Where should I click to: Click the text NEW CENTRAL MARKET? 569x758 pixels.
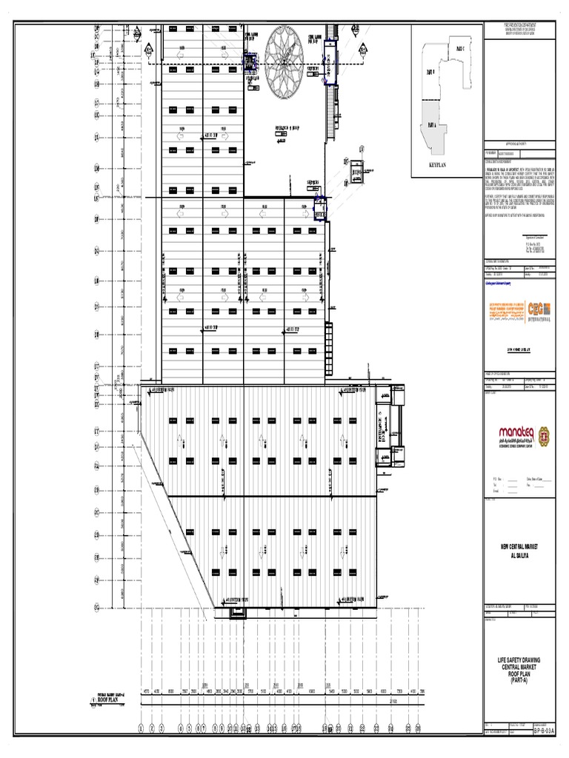[x=518, y=545]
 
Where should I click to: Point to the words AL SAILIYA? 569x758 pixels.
[x=518, y=552]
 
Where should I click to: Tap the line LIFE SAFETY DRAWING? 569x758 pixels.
[x=518, y=660]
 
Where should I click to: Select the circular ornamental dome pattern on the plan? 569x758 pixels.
[x=285, y=62]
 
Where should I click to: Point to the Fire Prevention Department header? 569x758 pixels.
[x=518, y=26]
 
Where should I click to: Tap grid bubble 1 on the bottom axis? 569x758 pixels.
[x=141, y=728]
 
